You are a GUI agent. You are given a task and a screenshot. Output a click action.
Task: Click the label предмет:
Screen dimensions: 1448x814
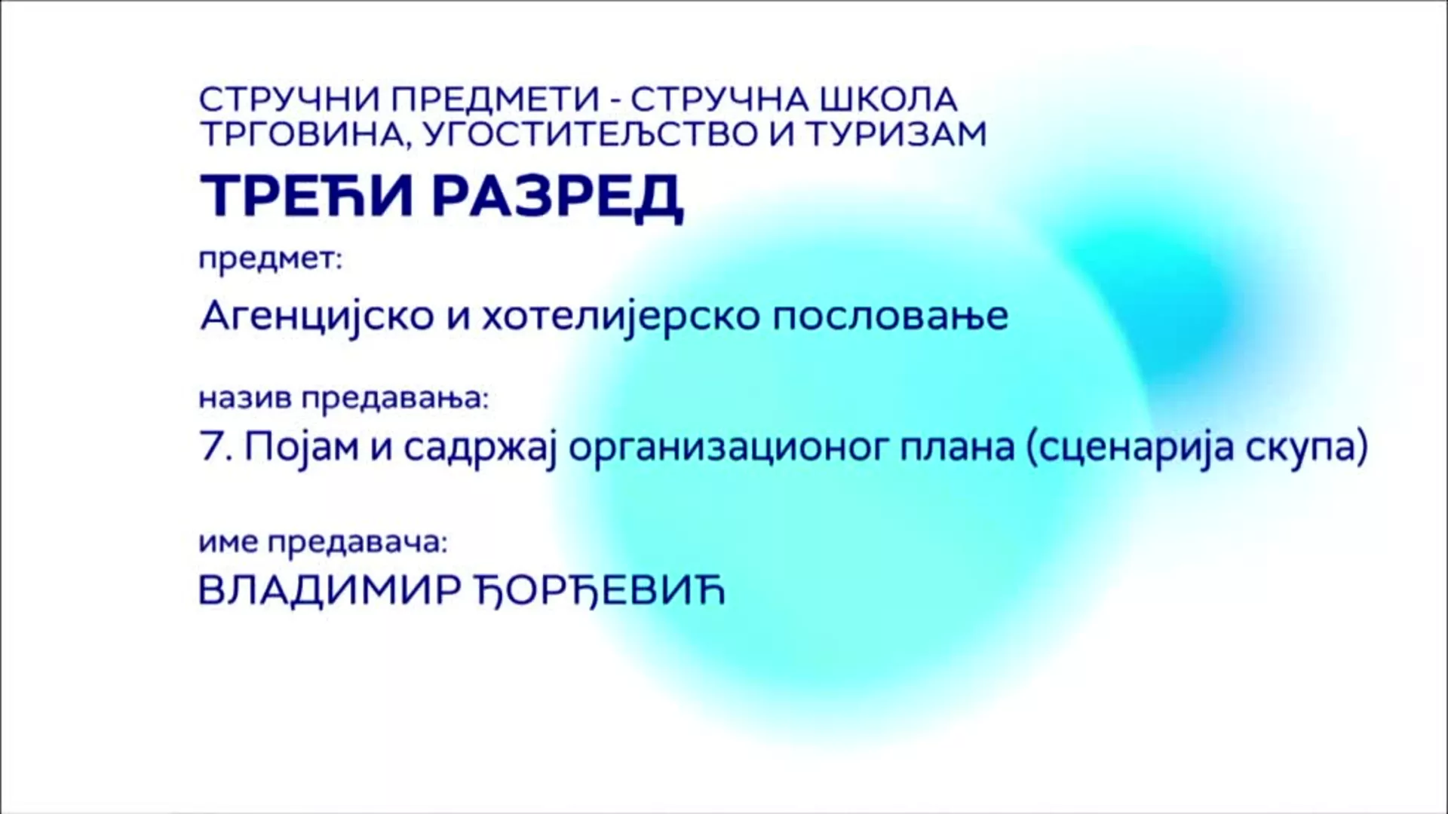coord(271,261)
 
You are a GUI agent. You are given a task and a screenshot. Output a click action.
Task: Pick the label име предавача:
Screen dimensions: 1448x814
coord(324,543)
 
